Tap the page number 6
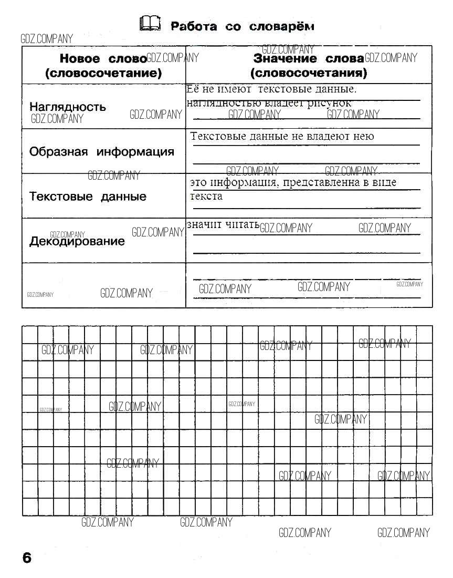(x=27, y=558)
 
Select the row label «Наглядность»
(x=68, y=107)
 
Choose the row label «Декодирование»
(x=77, y=242)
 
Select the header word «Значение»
(x=285, y=59)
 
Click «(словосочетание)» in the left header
(x=103, y=73)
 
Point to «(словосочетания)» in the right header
(x=309, y=73)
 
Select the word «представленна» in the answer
(x=320, y=183)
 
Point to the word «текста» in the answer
(x=206, y=197)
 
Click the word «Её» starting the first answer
(x=193, y=89)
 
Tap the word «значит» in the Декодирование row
(x=204, y=225)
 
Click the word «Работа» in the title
(x=194, y=26)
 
